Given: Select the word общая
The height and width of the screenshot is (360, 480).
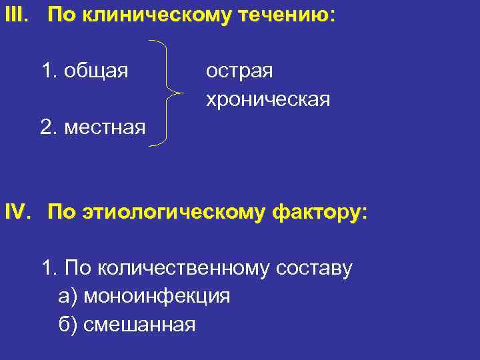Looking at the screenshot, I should [96, 70].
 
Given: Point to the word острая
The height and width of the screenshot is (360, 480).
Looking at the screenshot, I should [239, 70].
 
